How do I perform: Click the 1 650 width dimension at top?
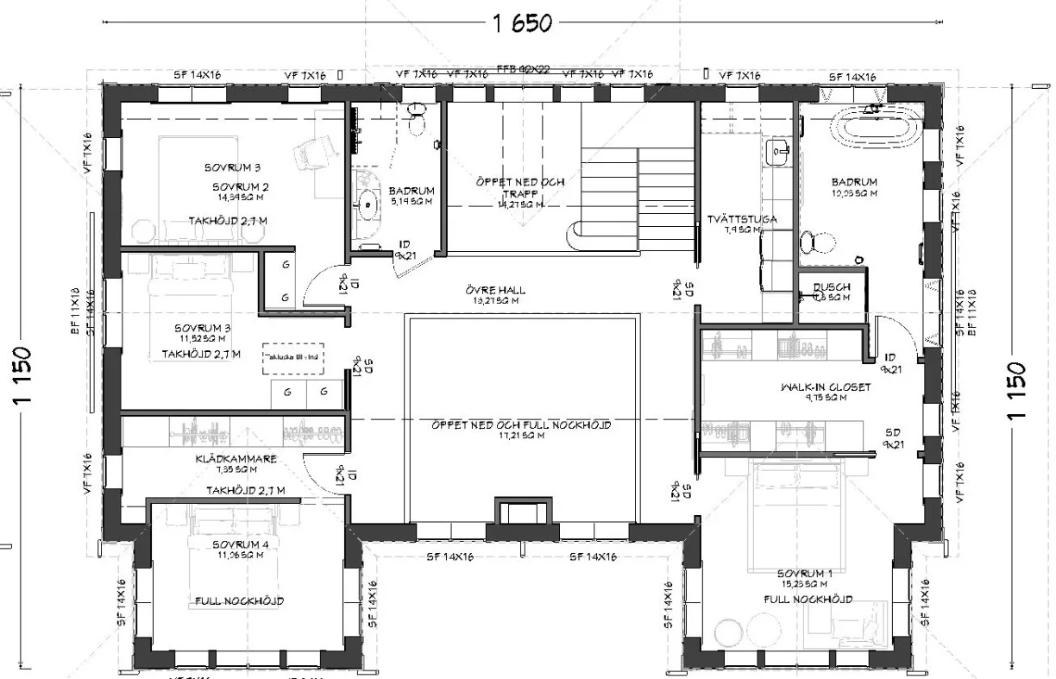click(x=522, y=23)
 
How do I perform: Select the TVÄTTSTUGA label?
click(x=740, y=219)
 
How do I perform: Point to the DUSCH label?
click(x=831, y=286)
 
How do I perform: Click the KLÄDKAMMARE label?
click(x=235, y=459)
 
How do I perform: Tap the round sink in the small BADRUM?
click(x=369, y=204)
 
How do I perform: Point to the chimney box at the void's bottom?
click(x=522, y=511)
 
